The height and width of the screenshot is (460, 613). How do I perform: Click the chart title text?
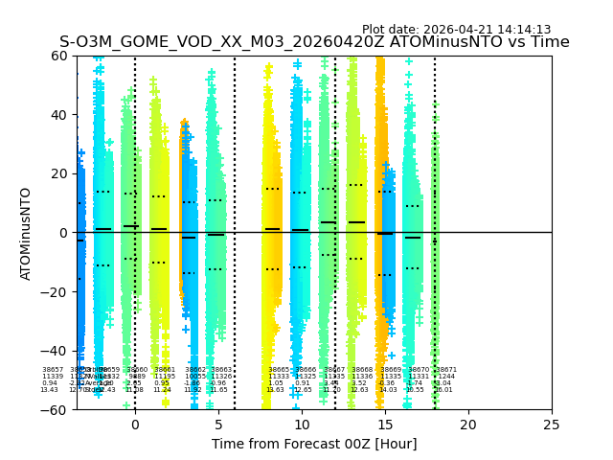[314, 42]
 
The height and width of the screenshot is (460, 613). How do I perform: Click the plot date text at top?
[456, 30]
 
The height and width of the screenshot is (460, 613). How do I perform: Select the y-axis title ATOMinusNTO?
[26, 233]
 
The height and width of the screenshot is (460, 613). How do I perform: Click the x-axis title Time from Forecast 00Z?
[314, 444]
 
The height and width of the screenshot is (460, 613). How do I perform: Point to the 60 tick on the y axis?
[60, 56]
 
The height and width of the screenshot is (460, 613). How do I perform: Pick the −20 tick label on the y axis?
[57, 292]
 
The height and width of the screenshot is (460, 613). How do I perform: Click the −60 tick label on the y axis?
[57, 410]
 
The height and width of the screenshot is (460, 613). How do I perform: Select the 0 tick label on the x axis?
[135, 424]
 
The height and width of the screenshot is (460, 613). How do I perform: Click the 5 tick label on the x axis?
[218, 424]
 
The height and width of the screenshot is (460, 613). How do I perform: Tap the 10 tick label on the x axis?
[302, 424]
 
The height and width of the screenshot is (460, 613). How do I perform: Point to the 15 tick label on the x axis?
[385, 424]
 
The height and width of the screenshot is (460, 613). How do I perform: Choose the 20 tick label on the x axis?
[468, 424]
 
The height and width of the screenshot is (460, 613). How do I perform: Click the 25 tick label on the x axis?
[552, 424]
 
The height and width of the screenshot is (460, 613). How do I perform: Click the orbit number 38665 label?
[278, 370]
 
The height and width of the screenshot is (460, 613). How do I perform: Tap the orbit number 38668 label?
[362, 370]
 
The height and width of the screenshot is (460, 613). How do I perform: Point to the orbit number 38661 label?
[165, 370]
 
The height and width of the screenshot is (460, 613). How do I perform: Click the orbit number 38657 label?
[53, 370]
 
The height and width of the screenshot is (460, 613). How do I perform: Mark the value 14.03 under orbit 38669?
[388, 390]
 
